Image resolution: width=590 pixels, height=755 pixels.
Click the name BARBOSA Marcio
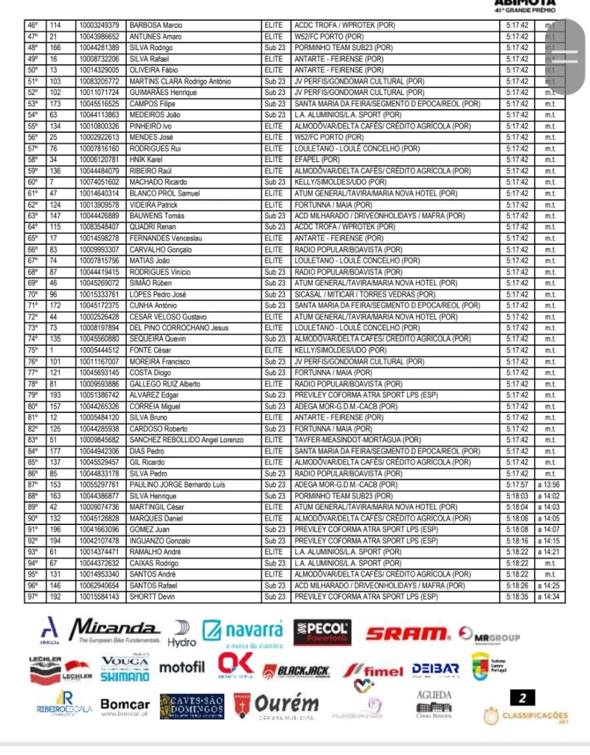click(x=156, y=26)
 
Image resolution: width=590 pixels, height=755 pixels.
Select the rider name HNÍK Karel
click(x=145, y=159)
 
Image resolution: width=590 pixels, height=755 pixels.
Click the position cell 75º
click(x=32, y=350)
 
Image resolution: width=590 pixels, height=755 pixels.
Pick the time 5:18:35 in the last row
click(x=516, y=596)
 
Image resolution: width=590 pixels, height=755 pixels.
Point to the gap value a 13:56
click(x=549, y=484)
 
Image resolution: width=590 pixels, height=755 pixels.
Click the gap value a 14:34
click(x=549, y=596)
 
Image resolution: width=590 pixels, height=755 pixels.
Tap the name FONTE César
click(x=150, y=350)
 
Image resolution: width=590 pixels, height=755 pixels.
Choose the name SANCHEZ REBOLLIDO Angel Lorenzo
click(x=186, y=440)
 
